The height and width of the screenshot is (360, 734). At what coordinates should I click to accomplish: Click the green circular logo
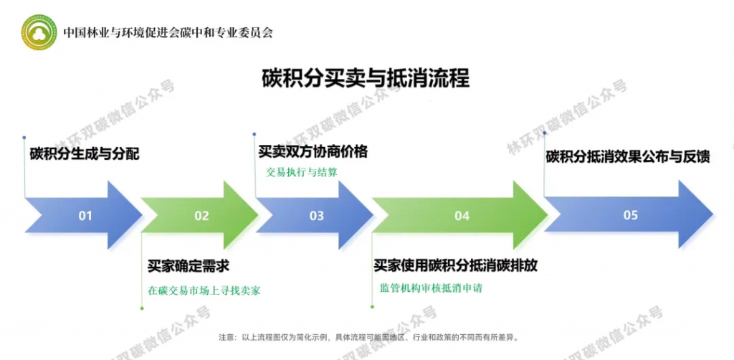[39, 32]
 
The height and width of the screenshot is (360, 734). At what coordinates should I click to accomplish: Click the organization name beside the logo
[168, 32]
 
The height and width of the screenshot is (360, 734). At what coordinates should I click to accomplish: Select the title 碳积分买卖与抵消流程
[366, 77]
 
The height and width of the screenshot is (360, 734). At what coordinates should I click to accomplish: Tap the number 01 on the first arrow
[85, 215]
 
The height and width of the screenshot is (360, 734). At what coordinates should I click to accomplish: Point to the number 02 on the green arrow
[201, 215]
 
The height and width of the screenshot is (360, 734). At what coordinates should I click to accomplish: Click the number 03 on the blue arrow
[316, 215]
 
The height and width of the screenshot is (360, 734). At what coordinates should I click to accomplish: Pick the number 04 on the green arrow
[462, 215]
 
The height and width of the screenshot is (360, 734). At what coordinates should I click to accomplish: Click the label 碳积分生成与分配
[85, 154]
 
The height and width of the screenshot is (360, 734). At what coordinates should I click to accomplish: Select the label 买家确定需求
[189, 265]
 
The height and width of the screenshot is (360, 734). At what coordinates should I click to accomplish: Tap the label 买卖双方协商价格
[313, 151]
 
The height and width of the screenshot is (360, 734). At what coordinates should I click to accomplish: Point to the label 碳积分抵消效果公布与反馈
[628, 156]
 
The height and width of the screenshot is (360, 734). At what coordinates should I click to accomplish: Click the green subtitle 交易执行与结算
[301, 172]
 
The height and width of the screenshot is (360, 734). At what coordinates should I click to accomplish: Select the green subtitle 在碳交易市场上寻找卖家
[204, 290]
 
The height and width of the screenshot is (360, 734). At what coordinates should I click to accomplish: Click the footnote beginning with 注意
[367, 336]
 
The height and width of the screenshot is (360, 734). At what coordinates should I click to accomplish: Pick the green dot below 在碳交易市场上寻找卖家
[142, 308]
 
